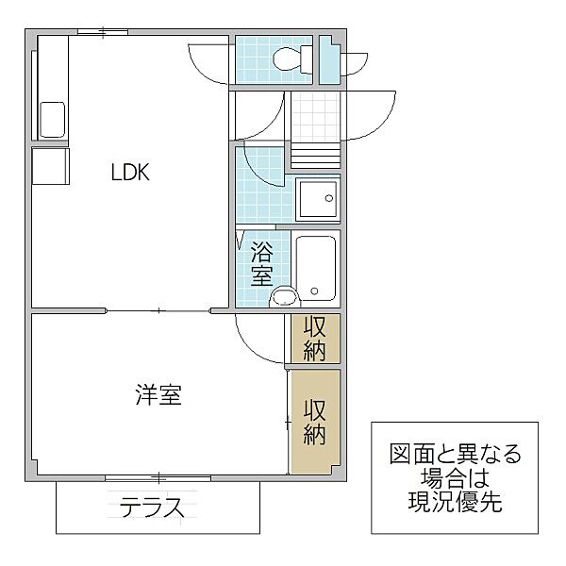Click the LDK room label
pyautogui.click(x=130, y=173)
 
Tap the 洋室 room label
pyautogui.click(x=158, y=395)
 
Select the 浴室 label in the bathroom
pyautogui.click(x=261, y=264)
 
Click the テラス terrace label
pyautogui.click(x=152, y=507)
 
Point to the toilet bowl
pyautogui.click(x=288, y=59)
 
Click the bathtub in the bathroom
pyautogui.click(x=316, y=268)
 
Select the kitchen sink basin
pyautogui.click(x=52, y=120)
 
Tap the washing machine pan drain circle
pyautogui.click(x=328, y=198)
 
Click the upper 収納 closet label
pyautogui.click(x=315, y=338)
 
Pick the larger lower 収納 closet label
pyautogui.click(x=315, y=422)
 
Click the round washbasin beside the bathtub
pyautogui.click(x=285, y=297)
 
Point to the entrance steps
pyautogui.click(x=315, y=156)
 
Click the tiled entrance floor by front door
pyautogui.click(x=315, y=116)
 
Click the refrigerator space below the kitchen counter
pyautogui.click(x=51, y=166)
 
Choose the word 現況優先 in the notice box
pyautogui.click(x=455, y=501)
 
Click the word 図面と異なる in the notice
pyautogui.click(x=456, y=454)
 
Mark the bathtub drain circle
pyautogui.click(x=314, y=291)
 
